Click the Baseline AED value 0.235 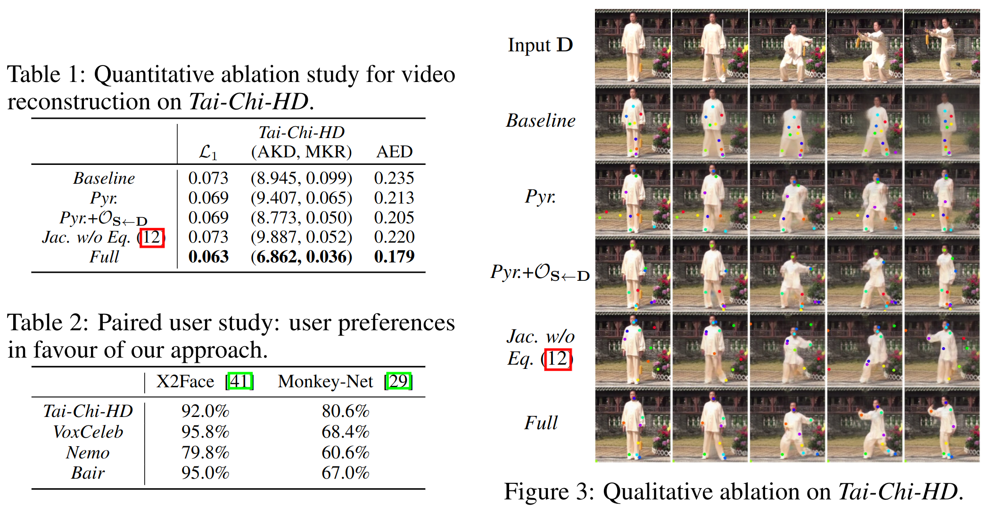394,178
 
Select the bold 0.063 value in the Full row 208,257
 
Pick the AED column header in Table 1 394,152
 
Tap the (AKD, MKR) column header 301,152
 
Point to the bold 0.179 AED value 394,257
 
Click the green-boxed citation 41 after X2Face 239,381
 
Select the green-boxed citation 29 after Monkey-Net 398,381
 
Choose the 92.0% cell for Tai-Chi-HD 205,411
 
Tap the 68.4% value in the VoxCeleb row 345,432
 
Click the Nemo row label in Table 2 88,453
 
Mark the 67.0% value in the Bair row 345,473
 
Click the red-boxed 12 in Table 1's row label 152,237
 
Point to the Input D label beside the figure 540,45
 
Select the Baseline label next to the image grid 541,121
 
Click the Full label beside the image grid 541,423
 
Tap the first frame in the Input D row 633,47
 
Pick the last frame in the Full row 941,425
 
